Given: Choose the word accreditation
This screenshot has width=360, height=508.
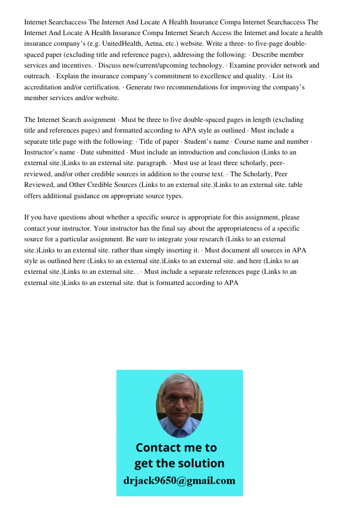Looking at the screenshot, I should click(x=45, y=87).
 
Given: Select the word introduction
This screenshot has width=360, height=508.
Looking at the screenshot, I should click(x=221, y=152).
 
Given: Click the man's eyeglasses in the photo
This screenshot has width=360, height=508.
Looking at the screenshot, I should click(x=180, y=399).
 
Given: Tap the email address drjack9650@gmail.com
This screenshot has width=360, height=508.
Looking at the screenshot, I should click(x=179, y=480).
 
